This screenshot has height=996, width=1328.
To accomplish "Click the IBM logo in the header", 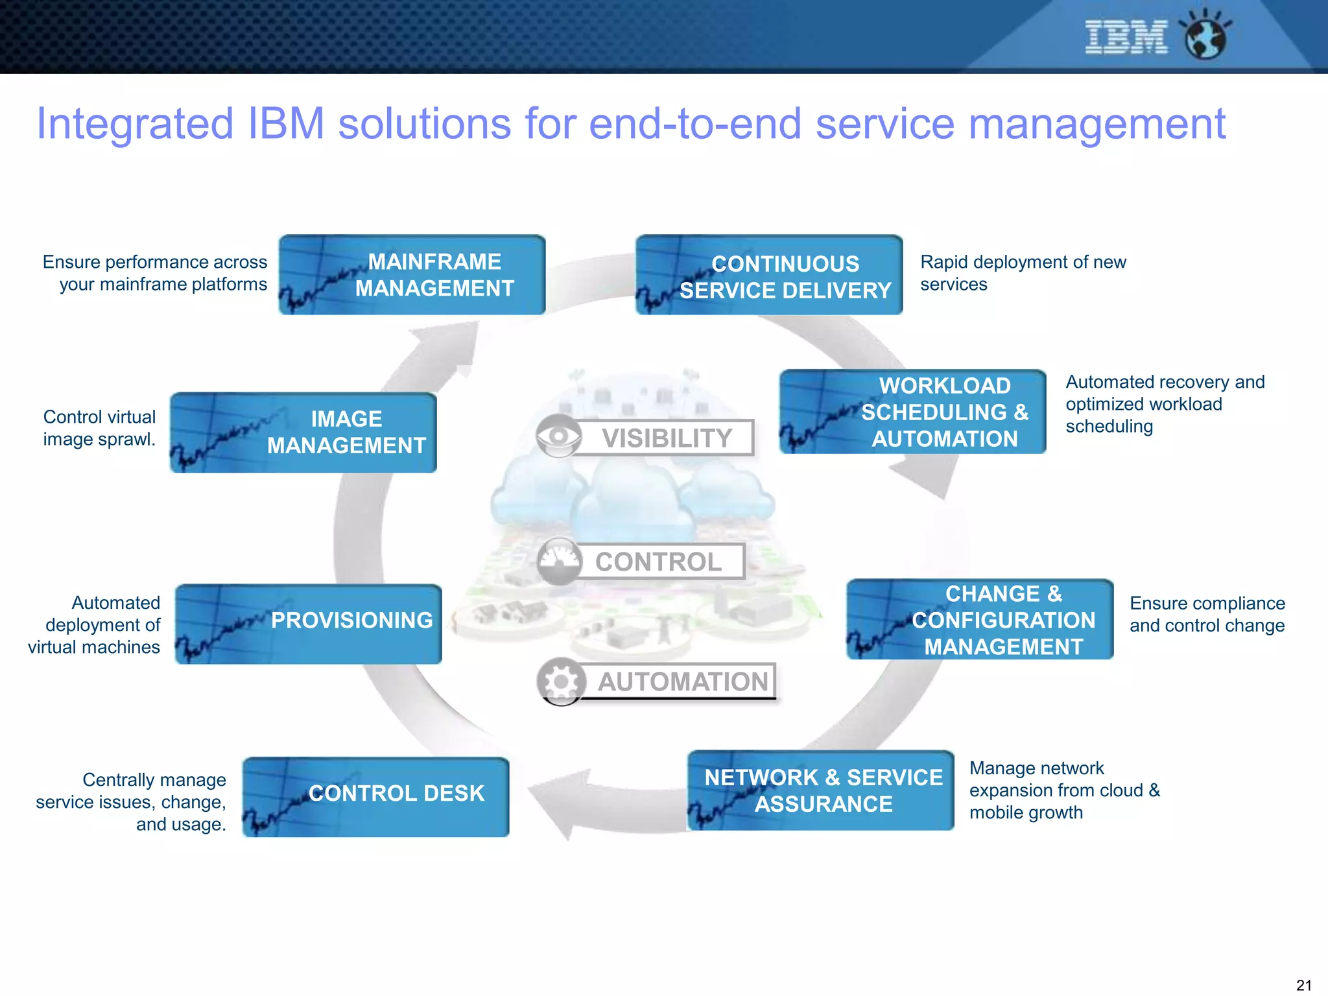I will tap(1126, 37).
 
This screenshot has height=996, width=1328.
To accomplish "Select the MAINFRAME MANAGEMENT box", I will tap(412, 275).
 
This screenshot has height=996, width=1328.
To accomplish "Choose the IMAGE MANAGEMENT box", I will tap(303, 433).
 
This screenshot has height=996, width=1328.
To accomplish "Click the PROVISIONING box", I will tap(309, 624).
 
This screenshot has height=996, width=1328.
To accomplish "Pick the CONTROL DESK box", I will tap(376, 797).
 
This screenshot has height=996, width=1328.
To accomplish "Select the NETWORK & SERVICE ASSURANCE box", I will tap(821, 790).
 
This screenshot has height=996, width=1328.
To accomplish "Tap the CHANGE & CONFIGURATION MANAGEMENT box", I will tap(980, 620).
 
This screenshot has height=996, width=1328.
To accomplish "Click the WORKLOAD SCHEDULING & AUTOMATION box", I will tap(913, 412).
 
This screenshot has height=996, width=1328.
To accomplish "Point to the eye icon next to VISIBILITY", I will tap(558, 436).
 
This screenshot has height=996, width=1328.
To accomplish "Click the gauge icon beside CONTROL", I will tap(559, 561).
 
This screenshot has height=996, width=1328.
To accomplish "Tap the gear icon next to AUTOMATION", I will tap(561, 682).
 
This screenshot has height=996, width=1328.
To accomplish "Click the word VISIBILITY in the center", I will tap(667, 438).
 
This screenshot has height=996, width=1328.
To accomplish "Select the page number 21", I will tap(1303, 985).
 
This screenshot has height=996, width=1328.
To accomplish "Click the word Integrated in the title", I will tap(135, 124).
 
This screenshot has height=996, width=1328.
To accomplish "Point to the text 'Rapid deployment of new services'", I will tap(1023, 273).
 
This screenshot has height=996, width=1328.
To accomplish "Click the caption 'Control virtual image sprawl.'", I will tap(99, 428).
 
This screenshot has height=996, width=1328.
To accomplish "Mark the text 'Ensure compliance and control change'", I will tap(1207, 614).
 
